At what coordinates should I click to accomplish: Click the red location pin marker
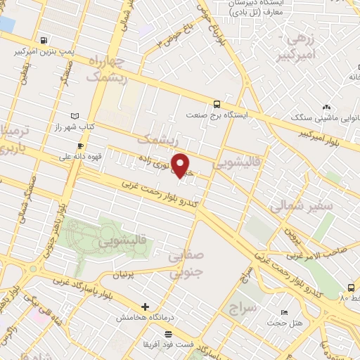click(181, 165)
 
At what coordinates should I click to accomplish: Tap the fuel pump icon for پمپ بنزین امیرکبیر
click(45, 40)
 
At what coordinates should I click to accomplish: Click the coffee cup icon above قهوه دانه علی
click(79, 146)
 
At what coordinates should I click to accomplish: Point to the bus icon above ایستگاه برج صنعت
click(215, 103)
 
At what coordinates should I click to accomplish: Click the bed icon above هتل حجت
click(284, 312)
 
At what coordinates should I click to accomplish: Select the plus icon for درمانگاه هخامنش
click(145, 307)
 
